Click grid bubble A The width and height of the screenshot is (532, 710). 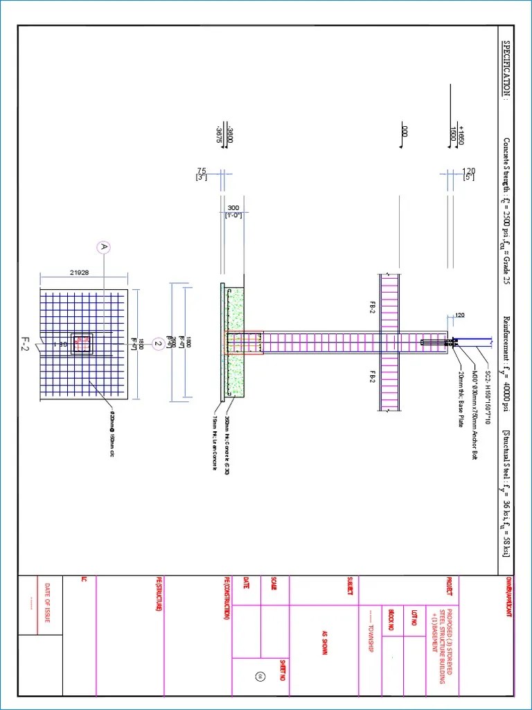tap(104, 247)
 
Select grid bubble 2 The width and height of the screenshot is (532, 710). tap(157, 343)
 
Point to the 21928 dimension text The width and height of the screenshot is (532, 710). tap(80, 272)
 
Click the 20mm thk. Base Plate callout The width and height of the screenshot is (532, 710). tap(461, 400)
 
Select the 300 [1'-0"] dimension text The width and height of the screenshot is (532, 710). tap(233, 211)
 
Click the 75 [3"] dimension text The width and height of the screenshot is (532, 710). tap(202, 174)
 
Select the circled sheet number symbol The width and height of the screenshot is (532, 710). tap(260, 676)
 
